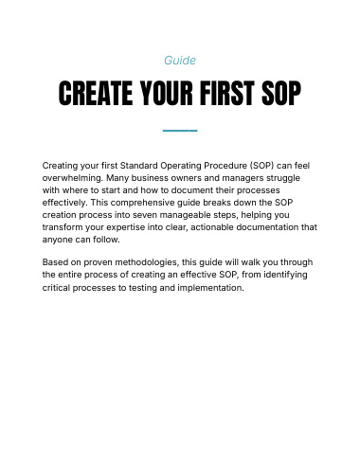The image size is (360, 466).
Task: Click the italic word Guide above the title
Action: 180,61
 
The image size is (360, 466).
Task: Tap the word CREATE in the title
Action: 96,93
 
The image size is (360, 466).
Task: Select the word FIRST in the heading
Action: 227,93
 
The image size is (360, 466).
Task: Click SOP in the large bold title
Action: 281,93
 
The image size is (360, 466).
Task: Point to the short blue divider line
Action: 180,131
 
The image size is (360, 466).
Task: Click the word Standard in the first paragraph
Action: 138,166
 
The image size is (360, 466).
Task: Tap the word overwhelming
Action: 73,178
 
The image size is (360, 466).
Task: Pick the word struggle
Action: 283,178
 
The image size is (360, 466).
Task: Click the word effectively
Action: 64,203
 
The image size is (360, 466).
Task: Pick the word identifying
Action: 285,275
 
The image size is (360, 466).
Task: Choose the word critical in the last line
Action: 56,288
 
